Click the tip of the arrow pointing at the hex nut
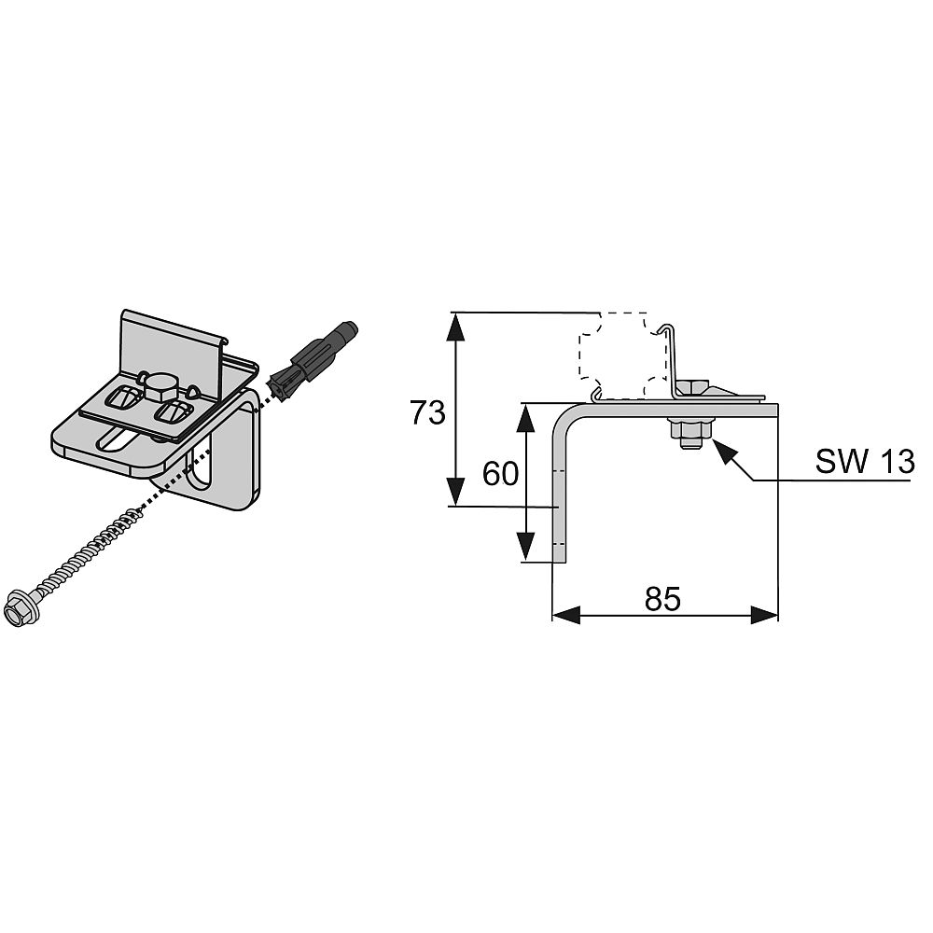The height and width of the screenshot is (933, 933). click(x=712, y=439)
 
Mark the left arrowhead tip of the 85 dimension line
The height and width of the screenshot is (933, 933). click(x=552, y=615)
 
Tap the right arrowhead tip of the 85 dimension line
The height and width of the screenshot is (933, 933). click(x=778, y=615)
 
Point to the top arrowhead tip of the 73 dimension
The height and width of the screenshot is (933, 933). click(x=456, y=313)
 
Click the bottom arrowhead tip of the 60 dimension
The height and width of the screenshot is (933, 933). click(x=524, y=560)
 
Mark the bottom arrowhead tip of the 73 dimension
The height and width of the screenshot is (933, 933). click(x=456, y=506)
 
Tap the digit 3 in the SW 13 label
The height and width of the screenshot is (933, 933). click(x=903, y=461)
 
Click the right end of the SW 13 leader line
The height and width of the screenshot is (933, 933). click(x=911, y=480)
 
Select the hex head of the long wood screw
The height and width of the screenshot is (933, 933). click(x=19, y=608)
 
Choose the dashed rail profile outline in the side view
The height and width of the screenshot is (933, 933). click(x=622, y=355)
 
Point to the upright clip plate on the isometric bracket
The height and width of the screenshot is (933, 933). click(x=174, y=353)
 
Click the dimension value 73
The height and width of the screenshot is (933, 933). click(x=428, y=412)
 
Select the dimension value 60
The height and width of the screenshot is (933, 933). click(x=500, y=474)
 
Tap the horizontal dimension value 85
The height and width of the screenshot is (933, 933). click(x=662, y=599)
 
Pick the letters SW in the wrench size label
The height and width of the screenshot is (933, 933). click(x=841, y=461)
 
